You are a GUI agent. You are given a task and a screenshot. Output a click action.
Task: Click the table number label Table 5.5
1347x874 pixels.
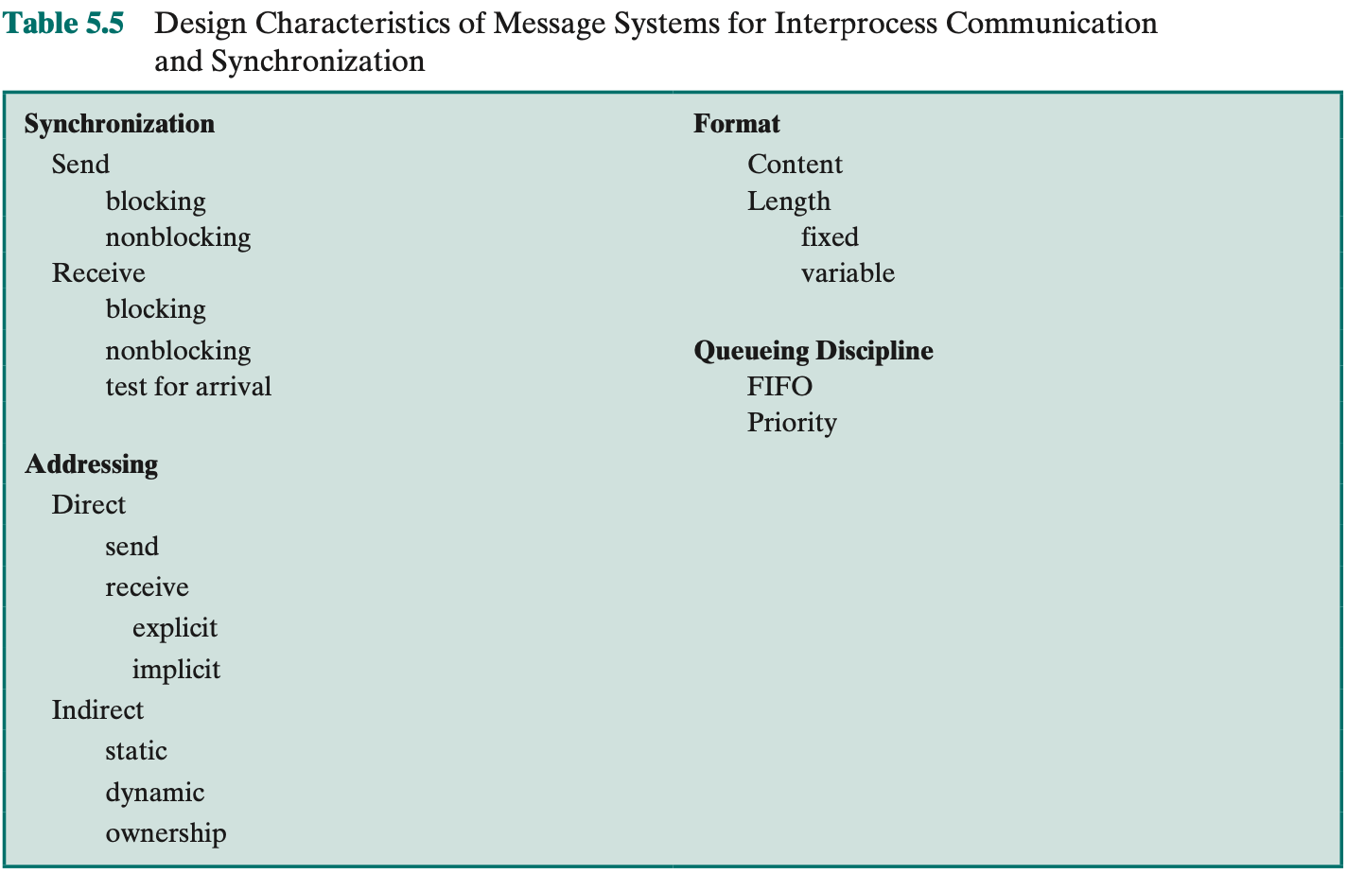coord(63,24)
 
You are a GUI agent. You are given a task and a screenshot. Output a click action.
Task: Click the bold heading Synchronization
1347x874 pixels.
coord(119,124)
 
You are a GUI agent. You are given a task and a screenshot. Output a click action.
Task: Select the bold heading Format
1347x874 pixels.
coord(736,123)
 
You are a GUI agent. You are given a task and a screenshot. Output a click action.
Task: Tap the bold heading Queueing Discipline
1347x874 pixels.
coord(813,351)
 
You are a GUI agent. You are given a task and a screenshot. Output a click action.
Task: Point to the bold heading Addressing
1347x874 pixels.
coord(92,464)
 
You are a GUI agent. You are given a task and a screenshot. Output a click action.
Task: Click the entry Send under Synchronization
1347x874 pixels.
coord(80,164)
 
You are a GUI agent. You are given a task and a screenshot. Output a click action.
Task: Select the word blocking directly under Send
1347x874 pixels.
coord(156,201)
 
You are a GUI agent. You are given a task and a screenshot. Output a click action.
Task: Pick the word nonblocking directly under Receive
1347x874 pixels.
coord(178,351)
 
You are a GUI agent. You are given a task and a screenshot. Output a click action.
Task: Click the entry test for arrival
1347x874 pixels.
coord(188,386)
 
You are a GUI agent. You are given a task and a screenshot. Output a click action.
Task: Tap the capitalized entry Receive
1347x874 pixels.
coord(98,272)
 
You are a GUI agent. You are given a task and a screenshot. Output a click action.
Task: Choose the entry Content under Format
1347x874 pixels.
coord(795,164)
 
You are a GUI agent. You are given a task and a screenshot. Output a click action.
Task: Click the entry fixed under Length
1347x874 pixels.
coord(830,236)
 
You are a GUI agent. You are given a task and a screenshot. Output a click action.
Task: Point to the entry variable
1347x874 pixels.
coord(848,272)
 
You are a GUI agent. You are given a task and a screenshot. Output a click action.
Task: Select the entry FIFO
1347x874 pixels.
coord(779,386)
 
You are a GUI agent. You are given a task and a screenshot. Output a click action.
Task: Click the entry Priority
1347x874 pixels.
coord(792,422)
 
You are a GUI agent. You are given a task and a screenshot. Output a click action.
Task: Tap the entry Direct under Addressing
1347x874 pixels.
coord(88,505)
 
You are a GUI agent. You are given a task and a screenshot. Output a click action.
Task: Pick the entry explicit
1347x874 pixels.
coord(174,628)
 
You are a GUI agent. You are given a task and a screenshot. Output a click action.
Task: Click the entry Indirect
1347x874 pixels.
coord(97,709)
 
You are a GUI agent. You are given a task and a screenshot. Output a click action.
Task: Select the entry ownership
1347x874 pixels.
coord(166,833)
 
